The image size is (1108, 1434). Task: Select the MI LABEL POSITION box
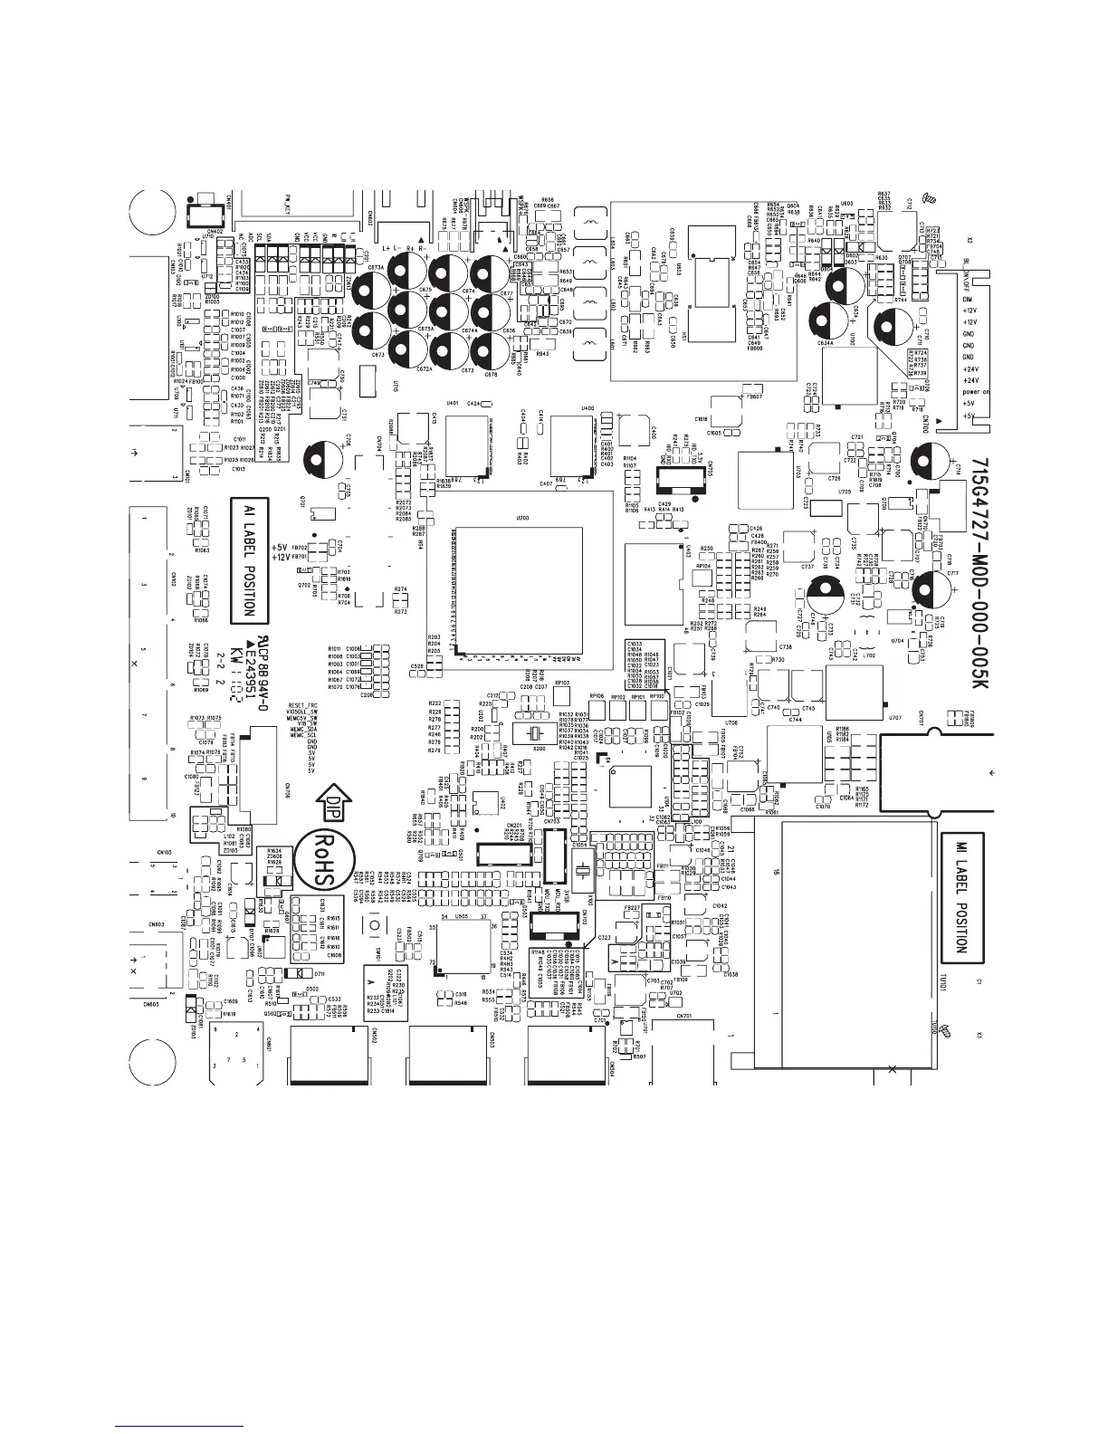click(x=960, y=896)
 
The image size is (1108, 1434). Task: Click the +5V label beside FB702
click(x=279, y=548)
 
